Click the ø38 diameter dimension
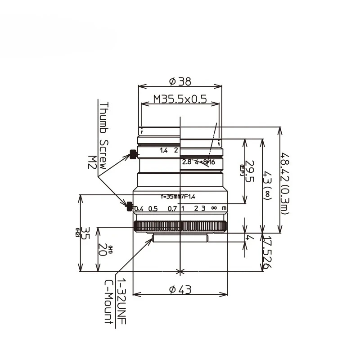pos(180,81)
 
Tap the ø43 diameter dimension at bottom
pos(180,290)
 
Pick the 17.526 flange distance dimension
pos(267,253)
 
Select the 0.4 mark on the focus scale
pos(139,208)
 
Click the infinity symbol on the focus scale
pos(214,208)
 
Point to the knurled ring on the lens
pos(180,226)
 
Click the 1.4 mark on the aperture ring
pos(163,151)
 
